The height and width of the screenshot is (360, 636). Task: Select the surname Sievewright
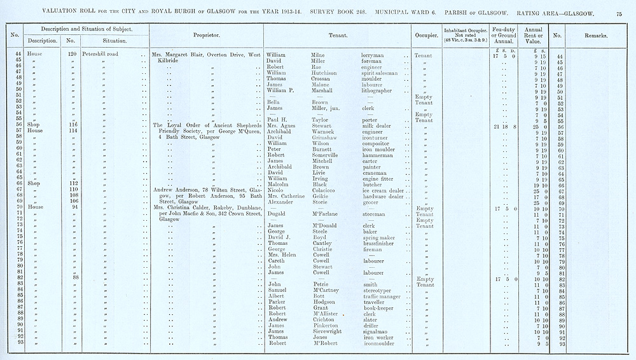329,331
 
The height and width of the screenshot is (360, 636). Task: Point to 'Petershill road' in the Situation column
103,55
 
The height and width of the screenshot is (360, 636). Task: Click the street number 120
72,55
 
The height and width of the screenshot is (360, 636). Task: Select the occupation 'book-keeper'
378,308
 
